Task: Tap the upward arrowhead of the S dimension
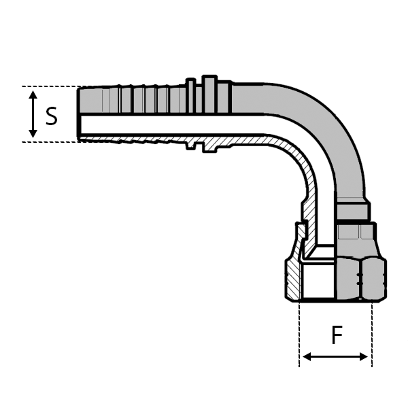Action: coord(33,96)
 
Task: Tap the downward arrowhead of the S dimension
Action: coord(33,133)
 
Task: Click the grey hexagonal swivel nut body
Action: coord(360,272)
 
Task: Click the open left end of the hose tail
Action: coord(80,114)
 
